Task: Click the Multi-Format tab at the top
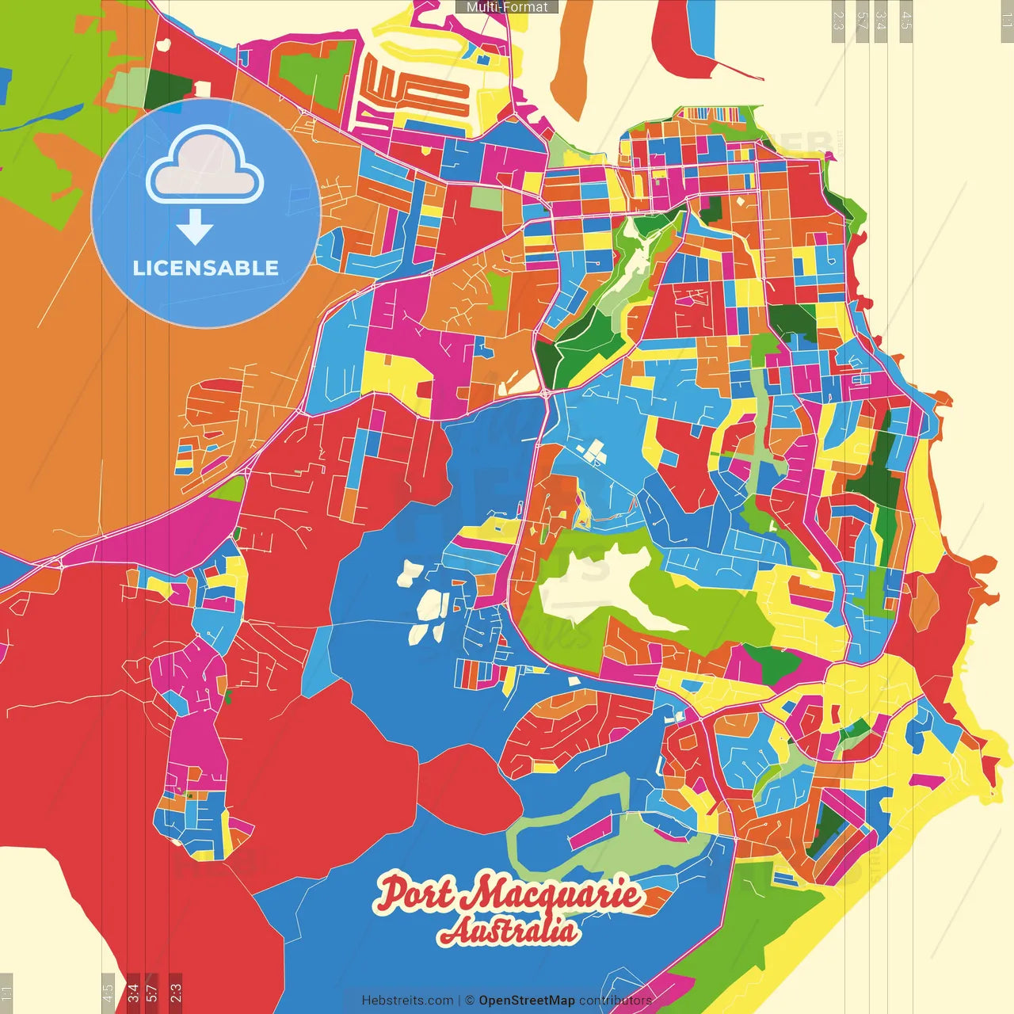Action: click(x=507, y=7)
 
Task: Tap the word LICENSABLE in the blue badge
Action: click(x=206, y=268)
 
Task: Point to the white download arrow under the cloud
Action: click(x=195, y=227)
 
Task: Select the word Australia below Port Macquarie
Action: click(x=509, y=930)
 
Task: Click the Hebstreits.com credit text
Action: click(x=407, y=1001)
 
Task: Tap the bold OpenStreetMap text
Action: click(x=527, y=1001)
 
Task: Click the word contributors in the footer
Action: click(x=615, y=1001)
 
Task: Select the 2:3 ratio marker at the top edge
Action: click(x=838, y=21)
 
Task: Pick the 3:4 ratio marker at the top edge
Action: click(x=881, y=21)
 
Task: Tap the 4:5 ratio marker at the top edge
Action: click(x=906, y=21)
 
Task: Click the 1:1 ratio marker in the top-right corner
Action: click(x=1006, y=21)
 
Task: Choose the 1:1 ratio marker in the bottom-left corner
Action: click(x=6, y=993)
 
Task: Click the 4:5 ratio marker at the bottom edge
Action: click(x=108, y=993)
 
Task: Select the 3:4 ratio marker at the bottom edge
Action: click(x=133, y=993)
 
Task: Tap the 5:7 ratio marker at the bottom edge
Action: click(x=151, y=993)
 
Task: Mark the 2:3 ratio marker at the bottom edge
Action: click(x=176, y=993)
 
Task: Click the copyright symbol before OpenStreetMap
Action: click(x=469, y=1001)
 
